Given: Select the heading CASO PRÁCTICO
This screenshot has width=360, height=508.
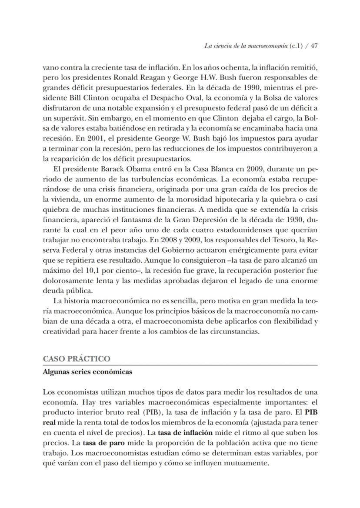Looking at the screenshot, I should (x=77, y=359).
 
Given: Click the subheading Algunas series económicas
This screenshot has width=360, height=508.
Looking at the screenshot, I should (x=87, y=372).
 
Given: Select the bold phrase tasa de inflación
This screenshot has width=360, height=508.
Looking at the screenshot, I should (x=185, y=433).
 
